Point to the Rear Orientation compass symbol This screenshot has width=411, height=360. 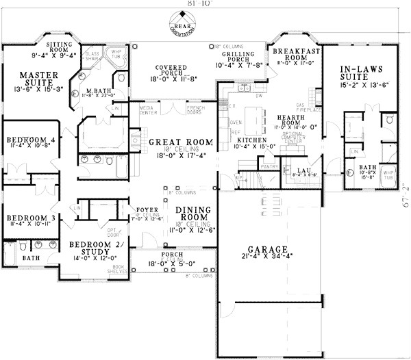click(x=179, y=25)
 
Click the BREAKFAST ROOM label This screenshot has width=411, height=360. click(x=297, y=55)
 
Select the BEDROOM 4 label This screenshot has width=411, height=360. click(x=32, y=140)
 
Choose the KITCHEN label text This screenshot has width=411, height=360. click(x=250, y=158)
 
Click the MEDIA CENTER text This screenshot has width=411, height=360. click(x=147, y=110)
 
